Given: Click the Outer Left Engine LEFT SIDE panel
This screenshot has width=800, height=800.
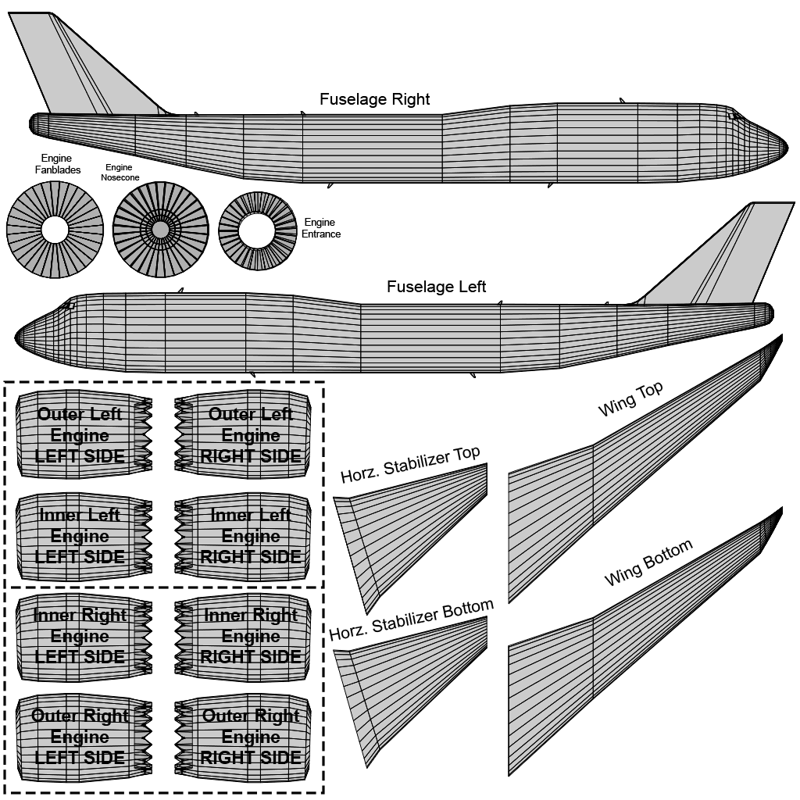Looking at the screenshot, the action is pos(80,435).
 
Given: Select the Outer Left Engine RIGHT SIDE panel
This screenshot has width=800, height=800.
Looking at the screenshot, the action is pos(250,435).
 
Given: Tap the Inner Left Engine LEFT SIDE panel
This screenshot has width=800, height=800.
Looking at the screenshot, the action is pos(80,536).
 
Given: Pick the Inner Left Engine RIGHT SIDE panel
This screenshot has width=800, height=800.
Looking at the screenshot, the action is pos(250,536).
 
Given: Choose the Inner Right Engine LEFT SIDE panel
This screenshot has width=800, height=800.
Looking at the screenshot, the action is pos(80,636).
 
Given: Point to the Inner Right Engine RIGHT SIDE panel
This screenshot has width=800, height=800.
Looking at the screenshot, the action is pos(250,636).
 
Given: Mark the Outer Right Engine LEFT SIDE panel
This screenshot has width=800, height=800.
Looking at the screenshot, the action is pos(80,737).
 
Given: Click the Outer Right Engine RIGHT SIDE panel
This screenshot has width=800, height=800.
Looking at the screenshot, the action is pos(250,737).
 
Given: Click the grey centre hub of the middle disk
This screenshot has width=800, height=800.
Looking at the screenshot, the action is pos(160,230).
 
